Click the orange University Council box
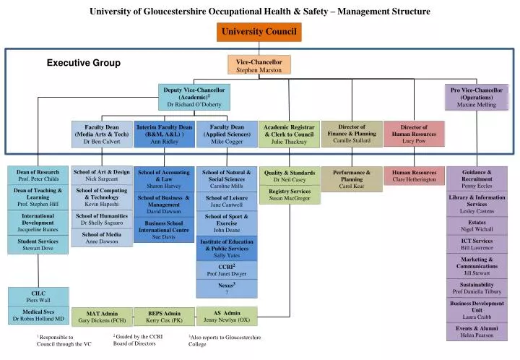point(259,32)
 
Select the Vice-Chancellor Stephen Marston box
point(259,66)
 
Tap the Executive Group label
point(84,63)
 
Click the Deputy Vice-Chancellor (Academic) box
point(194,97)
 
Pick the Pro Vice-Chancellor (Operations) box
point(477,97)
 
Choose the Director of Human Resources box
point(414,134)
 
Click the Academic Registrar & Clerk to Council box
point(289,134)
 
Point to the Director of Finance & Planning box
point(352,134)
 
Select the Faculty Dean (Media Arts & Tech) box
point(102,134)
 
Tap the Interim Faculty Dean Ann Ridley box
point(165,134)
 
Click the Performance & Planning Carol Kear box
point(352,179)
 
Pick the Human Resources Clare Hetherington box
point(414,176)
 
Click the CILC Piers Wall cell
point(38,296)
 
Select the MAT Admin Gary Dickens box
point(102,316)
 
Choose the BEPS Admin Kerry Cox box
point(165,316)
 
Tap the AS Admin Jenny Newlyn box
point(227,316)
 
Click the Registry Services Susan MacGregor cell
point(289,194)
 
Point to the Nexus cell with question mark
point(227,289)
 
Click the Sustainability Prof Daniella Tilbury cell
point(477,287)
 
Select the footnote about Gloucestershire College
point(224,340)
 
